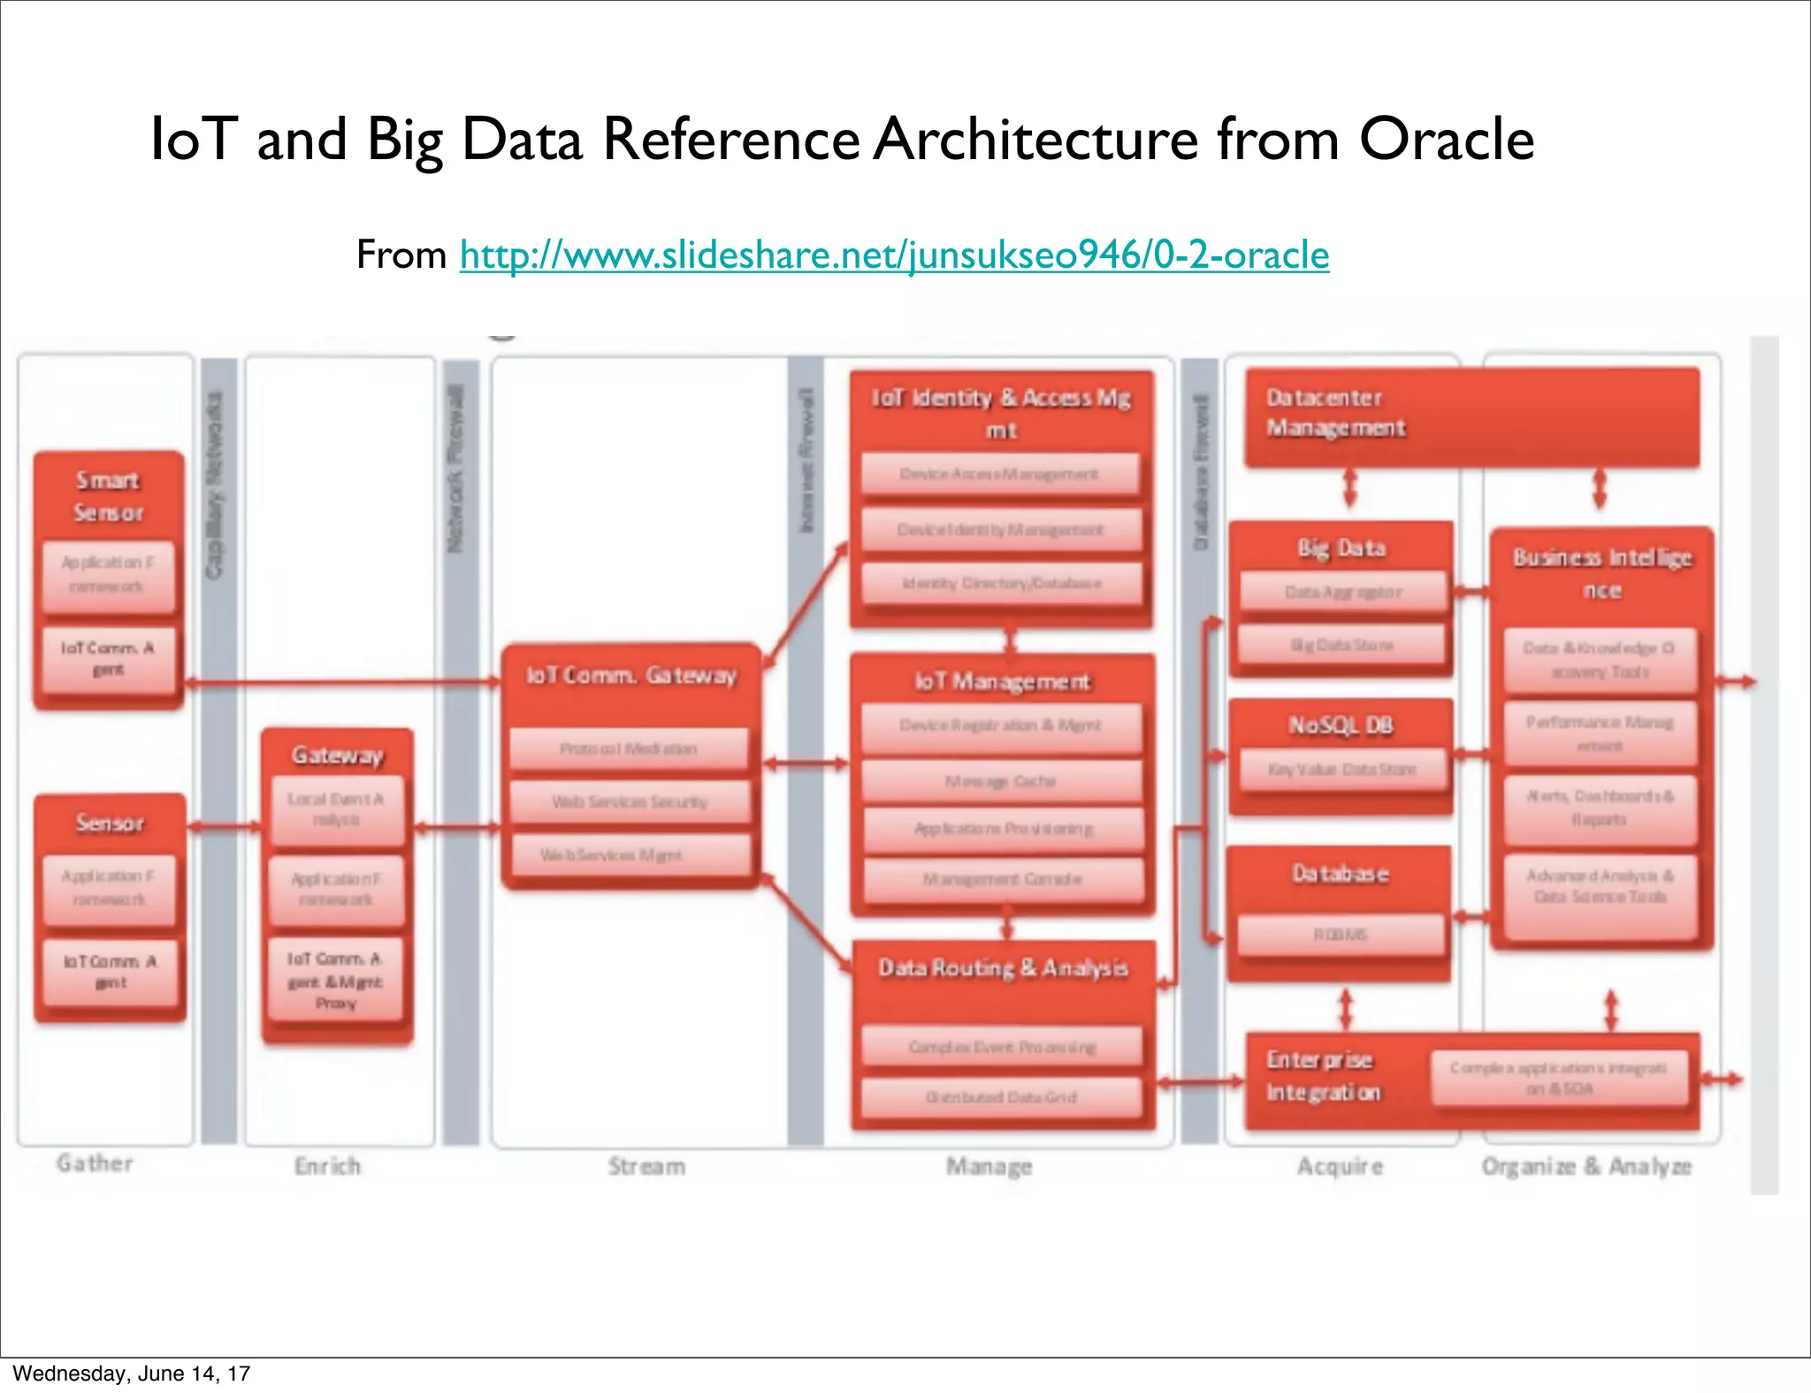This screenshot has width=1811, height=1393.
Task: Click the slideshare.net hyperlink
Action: pos(893,255)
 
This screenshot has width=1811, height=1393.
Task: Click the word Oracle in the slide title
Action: pos(1446,140)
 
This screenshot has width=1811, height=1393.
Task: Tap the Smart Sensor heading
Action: pos(108,496)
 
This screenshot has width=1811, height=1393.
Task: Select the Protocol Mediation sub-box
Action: pos(629,749)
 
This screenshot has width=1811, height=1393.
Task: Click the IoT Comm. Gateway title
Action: pos(631,675)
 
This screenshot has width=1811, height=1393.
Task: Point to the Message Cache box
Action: pos(1001,781)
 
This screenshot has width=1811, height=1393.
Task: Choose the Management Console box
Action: pos(1002,879)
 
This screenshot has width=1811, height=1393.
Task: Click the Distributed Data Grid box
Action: pos(1001,1097)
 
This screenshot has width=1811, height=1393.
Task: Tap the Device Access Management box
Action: pos(999,475)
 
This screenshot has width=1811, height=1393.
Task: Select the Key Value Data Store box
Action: pos(1341,770)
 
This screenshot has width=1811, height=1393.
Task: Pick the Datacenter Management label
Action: pos(1335,413)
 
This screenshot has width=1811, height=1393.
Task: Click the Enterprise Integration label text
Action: pos(1323,1076)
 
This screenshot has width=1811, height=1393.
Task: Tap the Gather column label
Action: pos(95,1163)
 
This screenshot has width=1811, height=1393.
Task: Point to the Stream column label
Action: pos(646,1167)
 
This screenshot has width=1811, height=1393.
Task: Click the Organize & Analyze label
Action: pos(1586,1167)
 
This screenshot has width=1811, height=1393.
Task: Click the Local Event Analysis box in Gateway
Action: pos(336,809)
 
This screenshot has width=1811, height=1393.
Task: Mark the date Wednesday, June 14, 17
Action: pos(132,1374)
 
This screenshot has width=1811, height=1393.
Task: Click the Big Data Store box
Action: pos(1341,645)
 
